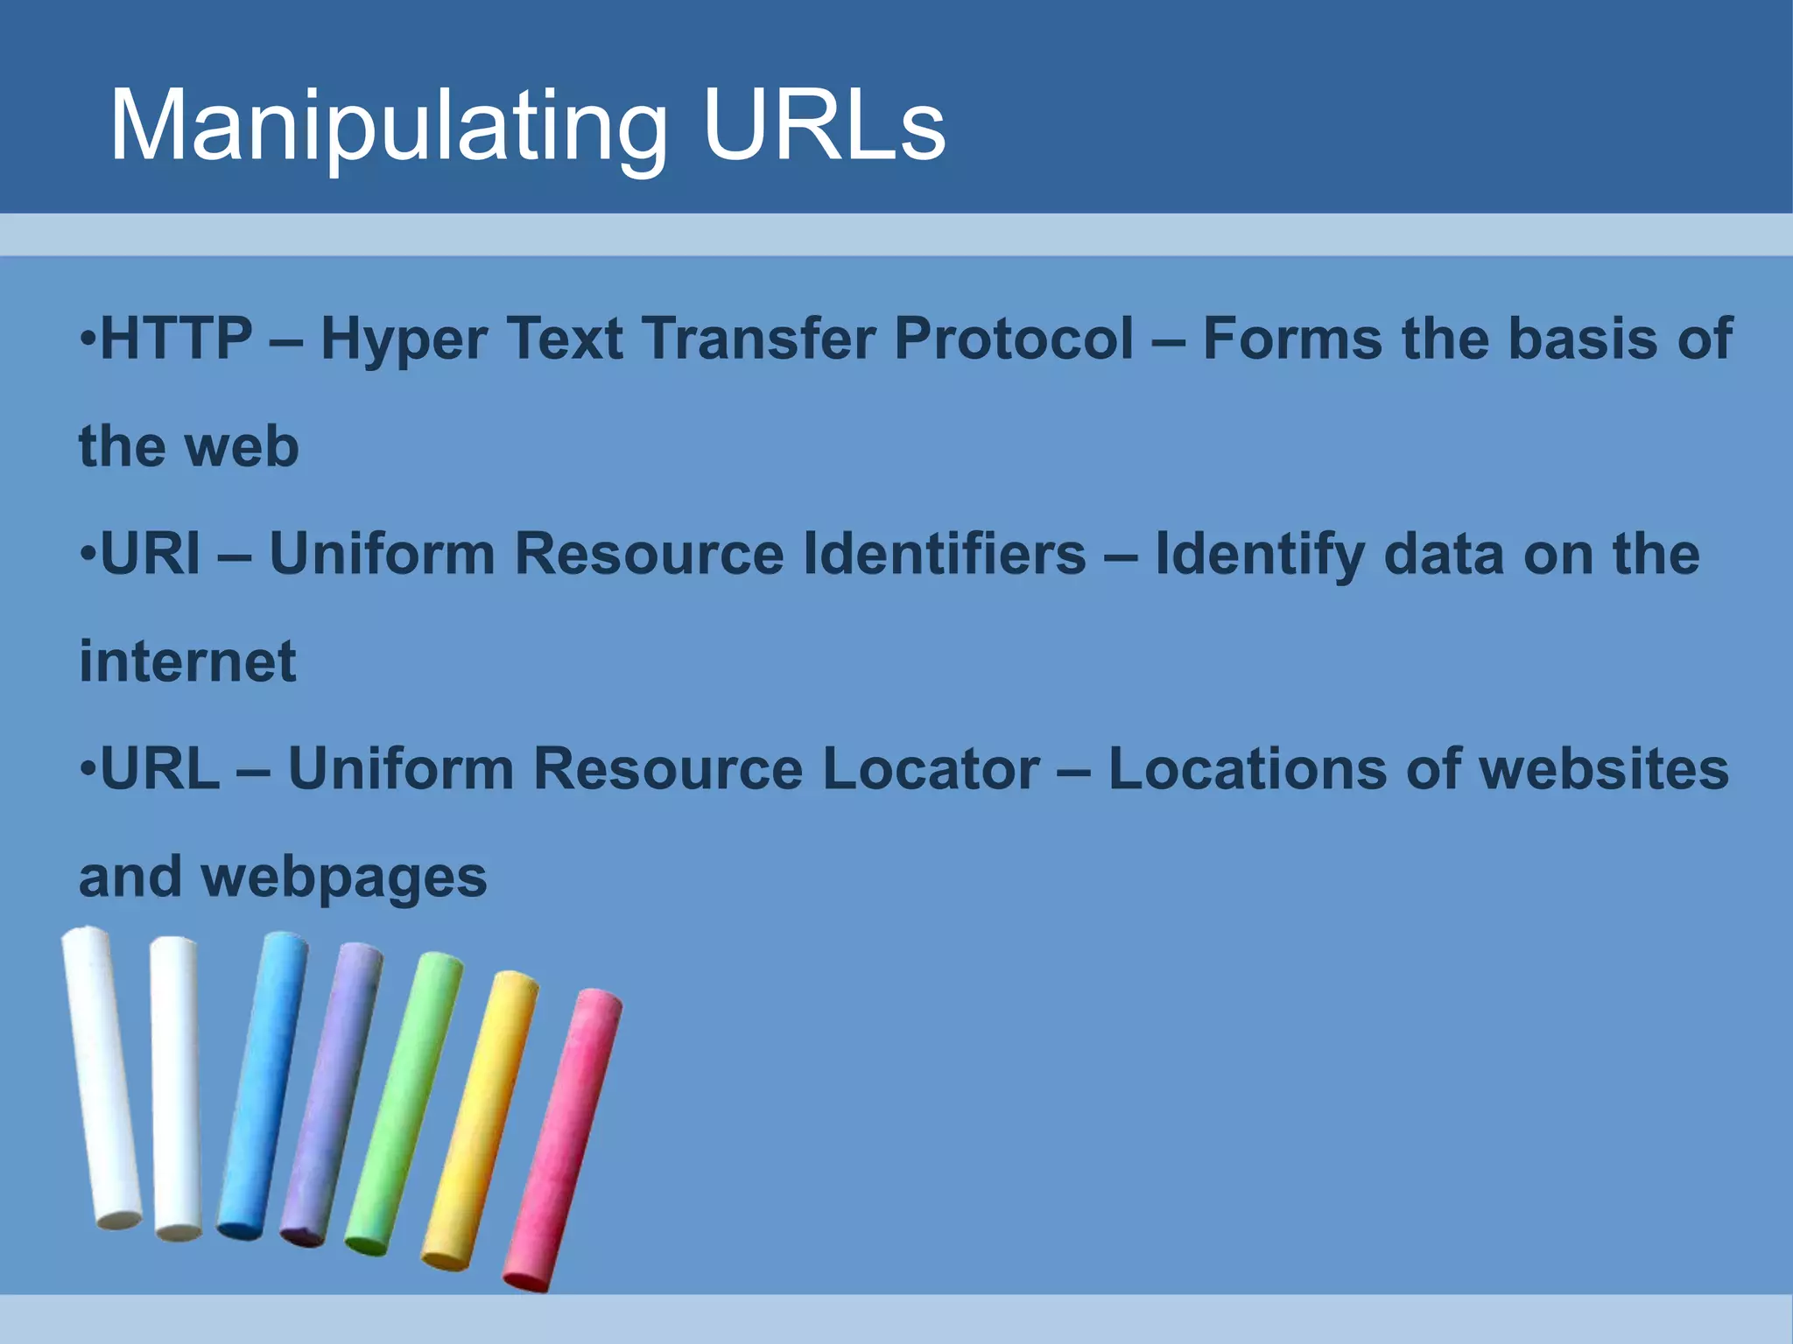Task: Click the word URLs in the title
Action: [x=823, y=127]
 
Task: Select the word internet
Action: [x=187, y=661]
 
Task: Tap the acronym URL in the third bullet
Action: [x=160, y=769]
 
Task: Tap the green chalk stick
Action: [x=404, y=1102]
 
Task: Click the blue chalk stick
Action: [x=263, y=1085]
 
